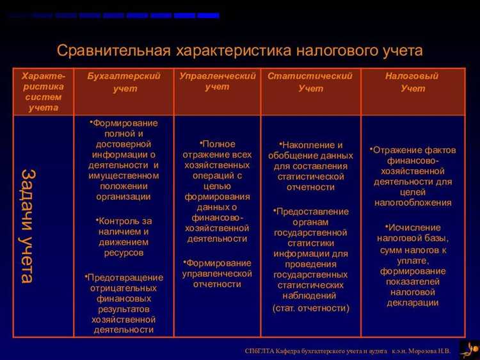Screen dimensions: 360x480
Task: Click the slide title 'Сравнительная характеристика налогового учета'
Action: pos(240,51)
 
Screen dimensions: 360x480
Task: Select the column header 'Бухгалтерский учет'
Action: pos(124,82)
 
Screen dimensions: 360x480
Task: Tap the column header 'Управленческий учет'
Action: pos(217,81)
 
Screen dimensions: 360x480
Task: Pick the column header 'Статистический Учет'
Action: pos(310,82)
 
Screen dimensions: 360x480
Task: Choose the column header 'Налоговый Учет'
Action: pos(412,82)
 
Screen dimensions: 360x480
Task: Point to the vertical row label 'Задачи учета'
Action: pos(27,225)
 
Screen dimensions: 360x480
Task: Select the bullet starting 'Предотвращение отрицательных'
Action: pos(124,304)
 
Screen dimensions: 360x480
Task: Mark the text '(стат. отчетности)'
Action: pos(311,308)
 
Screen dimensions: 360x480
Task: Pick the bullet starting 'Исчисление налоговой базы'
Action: pos(413,265)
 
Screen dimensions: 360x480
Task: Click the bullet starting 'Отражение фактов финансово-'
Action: pos(413,176)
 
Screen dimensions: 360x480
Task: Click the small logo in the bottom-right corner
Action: pos(468,348)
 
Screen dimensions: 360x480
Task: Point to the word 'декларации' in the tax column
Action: pos(413,303)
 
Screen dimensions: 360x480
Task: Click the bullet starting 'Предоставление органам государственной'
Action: pos(311,254)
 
